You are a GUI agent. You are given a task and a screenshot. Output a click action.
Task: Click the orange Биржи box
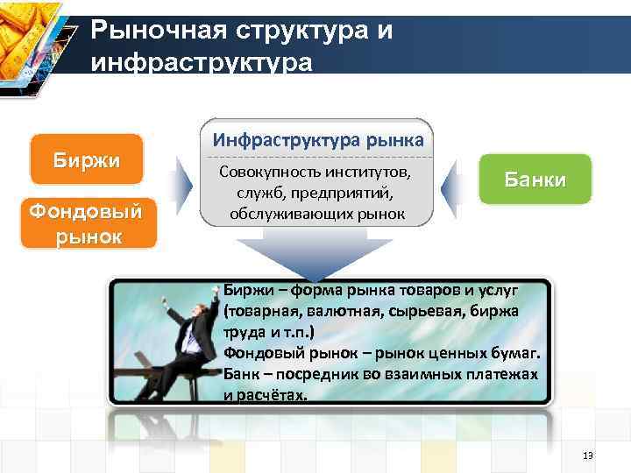(87, 159)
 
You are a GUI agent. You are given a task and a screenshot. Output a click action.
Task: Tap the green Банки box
(535, 180)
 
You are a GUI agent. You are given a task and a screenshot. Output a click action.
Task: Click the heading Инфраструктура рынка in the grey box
(318, 139)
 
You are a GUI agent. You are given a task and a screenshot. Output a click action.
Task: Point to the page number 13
(587, 455)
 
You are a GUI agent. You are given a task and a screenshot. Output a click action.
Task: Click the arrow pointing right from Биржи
(182, 187)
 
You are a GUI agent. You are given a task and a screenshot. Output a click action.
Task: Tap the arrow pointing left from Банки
(454, 187)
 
